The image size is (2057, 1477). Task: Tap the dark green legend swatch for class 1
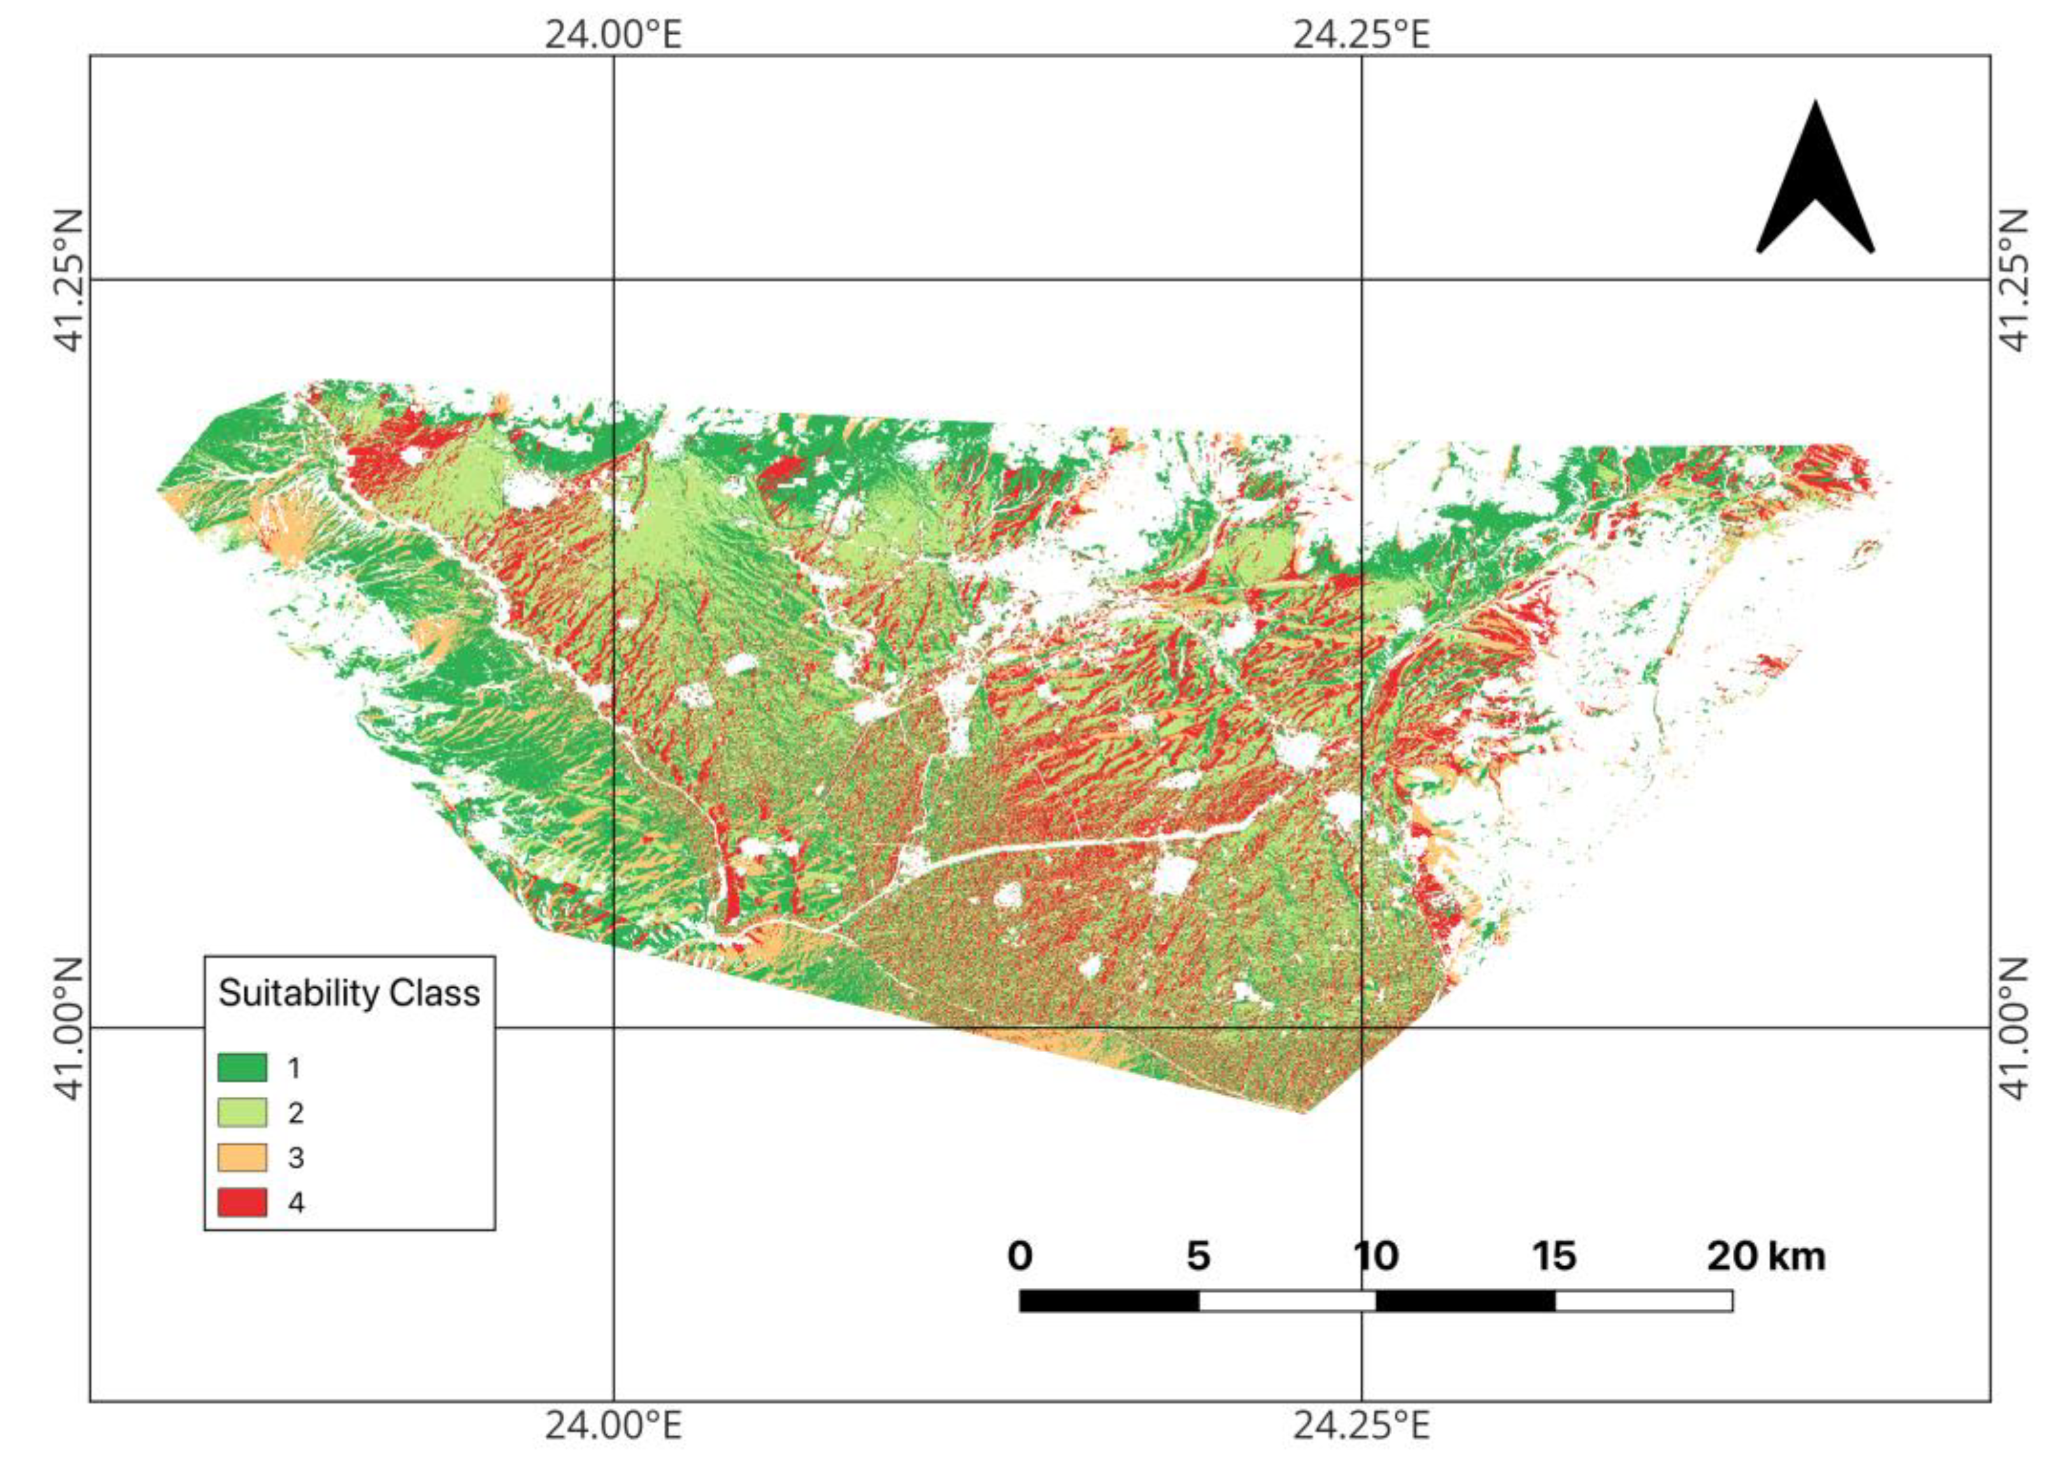[x=242, y=1067]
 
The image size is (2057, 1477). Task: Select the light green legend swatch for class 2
[x=242, y=1112]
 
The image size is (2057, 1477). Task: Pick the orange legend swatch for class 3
[x=242, y=1157]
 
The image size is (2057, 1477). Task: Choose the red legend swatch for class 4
[x=242, y=1202]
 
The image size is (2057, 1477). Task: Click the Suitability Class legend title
[x=349, y=994]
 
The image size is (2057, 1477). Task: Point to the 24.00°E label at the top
[x=613, y=34]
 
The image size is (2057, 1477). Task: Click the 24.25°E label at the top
[x=1360, y=34]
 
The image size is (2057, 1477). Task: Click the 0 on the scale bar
[x=1020, y=1257]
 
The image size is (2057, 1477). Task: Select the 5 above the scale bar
[x=1198, y=1257]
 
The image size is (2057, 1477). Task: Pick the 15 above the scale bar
[x=1555, y=1257]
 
